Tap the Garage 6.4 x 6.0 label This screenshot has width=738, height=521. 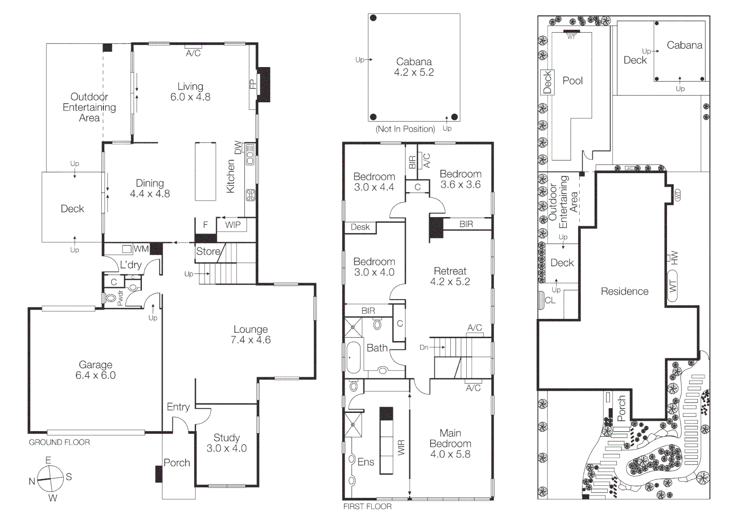point(96,370)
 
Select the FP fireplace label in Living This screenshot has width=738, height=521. point(252,84)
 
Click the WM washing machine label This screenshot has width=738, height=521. point(141,249)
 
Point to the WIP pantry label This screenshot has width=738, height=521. point(233,225)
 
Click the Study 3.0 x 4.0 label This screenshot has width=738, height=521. point(226,443)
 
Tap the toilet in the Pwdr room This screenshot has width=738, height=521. point(111,298)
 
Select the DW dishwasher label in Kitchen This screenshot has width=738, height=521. point(237,148)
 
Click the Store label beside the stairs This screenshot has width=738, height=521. point(208,251)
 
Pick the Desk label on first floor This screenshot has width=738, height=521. point(360,227)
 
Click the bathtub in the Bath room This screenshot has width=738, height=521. point(353,357)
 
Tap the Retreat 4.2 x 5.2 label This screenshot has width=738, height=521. point(450,276)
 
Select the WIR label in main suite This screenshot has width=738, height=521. point(401,447)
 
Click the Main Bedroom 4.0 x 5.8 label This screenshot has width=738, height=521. point(450,443)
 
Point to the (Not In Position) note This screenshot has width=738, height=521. point(405,129)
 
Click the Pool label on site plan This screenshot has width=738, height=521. point(572,81)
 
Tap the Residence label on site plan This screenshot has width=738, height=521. point(624,291)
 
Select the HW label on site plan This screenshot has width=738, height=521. point(674,258)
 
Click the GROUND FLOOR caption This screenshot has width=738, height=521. point(59,442)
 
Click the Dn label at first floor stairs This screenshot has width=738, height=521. point(424,347)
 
